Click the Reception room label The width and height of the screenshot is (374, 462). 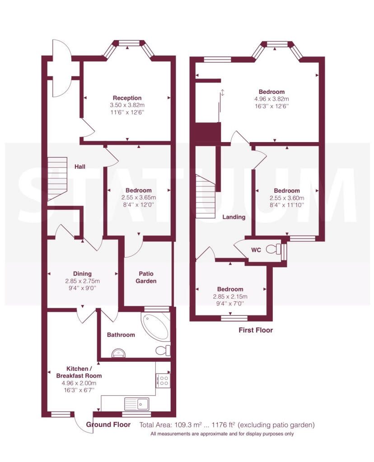pos(127,98)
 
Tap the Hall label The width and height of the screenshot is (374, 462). pos(79,167)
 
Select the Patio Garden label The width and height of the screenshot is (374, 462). pos(146,277)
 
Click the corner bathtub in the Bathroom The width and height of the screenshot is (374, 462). pos(155,327)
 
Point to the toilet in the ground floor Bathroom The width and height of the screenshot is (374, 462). pos(163,350)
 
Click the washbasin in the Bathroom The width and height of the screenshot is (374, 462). pos(119,353)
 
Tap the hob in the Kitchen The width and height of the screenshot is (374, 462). pos(163,380)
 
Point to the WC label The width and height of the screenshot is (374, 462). pos(256,250)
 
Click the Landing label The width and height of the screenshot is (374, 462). pos(234,217)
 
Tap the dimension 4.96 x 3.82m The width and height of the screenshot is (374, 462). pos(271,99)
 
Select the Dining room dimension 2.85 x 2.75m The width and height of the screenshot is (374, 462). pos(82,281)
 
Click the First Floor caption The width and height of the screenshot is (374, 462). pos(256,330)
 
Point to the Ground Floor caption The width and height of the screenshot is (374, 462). pos(108,425)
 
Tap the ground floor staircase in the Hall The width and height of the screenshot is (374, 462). pos(57,179)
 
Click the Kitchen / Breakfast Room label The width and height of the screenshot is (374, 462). pos(79,372)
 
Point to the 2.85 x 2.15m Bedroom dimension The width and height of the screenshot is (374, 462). pos(230,296)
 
